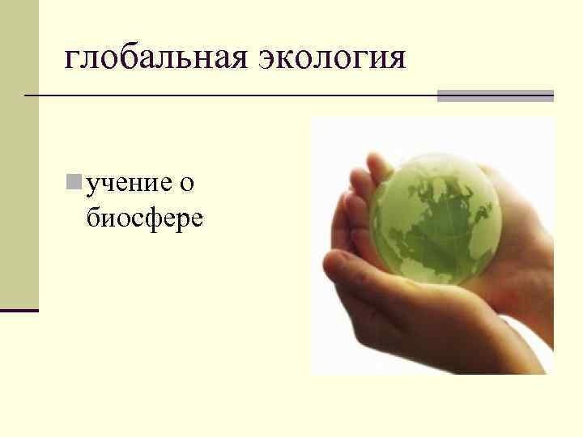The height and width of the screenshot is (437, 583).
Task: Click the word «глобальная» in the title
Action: coord(155,57)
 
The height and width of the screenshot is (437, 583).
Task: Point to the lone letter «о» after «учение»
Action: coord(186,184)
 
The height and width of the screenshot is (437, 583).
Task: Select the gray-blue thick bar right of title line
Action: coord(496,95)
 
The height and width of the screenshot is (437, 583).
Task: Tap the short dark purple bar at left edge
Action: coord(19,310)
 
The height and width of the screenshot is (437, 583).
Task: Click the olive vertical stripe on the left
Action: coord(19,154)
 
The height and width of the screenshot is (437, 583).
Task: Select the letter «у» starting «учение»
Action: coord(93,185)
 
